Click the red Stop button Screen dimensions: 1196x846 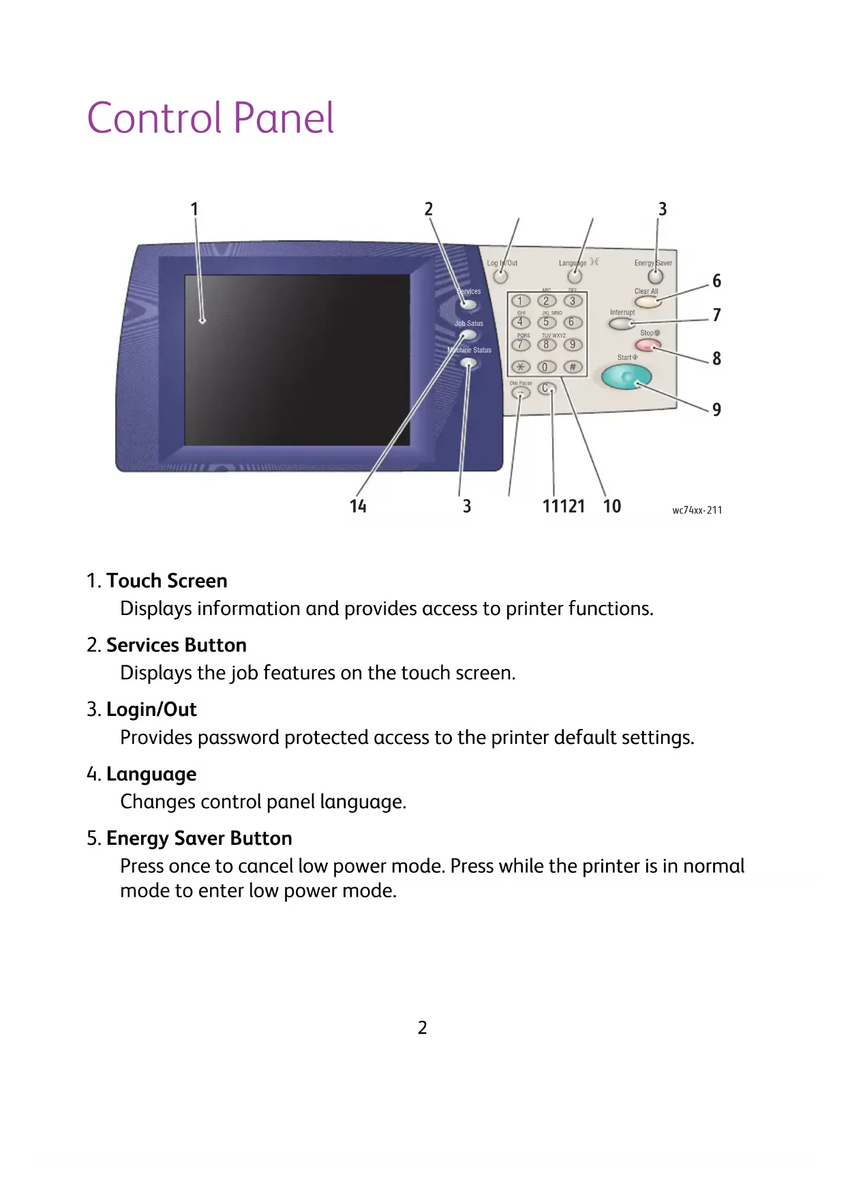647,345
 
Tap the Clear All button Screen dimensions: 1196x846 647,301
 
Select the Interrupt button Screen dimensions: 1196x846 622,323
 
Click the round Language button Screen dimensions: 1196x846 575,276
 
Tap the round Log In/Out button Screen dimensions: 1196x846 500,276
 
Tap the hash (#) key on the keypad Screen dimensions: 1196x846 573,367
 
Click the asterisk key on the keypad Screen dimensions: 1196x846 521,367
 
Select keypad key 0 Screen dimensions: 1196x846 545,367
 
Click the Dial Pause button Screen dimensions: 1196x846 521,393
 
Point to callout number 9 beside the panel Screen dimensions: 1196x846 716,409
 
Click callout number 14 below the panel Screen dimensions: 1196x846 358,506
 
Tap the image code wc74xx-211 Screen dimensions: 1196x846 697,510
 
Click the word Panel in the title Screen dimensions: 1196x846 284,118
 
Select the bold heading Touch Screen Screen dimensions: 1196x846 166,581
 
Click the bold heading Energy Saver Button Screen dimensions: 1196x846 199,838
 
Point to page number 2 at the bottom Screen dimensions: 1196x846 423,1028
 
